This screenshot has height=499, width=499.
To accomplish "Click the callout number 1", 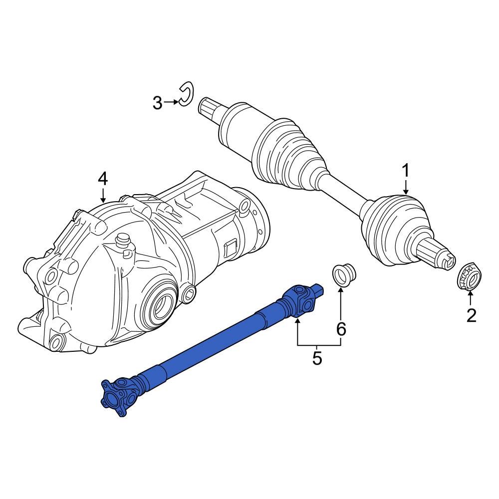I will coord(406,171).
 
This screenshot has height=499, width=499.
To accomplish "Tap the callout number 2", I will coord(471,315).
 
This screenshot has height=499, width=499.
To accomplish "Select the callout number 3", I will coord(157,103).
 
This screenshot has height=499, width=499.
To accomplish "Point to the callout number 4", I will coord(102,178).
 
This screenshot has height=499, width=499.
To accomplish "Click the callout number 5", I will coord(317,358).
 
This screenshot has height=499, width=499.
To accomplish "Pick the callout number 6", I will coord(341,329).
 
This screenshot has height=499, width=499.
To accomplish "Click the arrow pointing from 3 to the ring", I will coord(171,102).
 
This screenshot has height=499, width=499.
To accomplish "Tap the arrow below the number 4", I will coord(103,194).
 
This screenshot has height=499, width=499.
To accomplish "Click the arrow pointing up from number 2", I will coord(471,298).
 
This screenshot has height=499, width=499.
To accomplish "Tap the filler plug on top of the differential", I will coord(122,244).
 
